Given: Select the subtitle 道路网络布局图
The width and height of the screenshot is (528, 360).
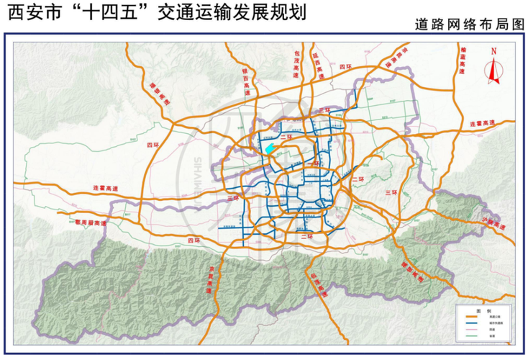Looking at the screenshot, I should tap(468, 25).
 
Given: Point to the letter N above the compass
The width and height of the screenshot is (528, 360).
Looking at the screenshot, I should tap(494, 51).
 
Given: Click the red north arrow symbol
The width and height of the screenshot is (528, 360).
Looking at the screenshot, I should tap(494, 70).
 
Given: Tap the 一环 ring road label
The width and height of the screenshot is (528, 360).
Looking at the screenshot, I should tap(311, 164).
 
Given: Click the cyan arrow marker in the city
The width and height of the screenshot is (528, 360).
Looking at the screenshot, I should tap(270, 148).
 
